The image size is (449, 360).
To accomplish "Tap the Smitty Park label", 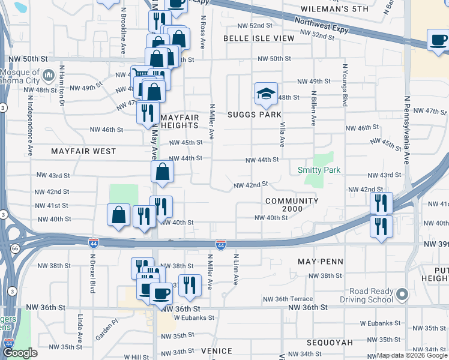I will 319,170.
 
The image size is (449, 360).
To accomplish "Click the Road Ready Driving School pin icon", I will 402,295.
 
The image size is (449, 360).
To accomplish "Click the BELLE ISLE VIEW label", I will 259,38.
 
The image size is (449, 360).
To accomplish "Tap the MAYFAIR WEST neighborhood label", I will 83,151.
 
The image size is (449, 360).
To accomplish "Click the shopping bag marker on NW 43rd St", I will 162,173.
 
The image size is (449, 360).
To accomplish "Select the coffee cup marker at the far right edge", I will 438,40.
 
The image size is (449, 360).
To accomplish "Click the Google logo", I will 20,353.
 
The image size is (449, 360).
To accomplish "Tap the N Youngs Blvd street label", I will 345,86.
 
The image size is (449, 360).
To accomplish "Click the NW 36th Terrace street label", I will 288,299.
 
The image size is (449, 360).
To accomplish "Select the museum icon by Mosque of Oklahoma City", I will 49,75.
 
